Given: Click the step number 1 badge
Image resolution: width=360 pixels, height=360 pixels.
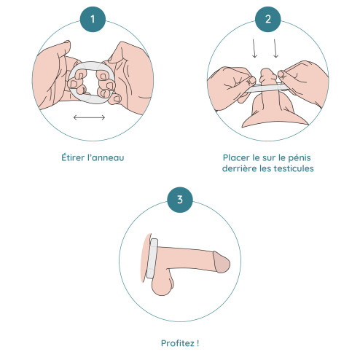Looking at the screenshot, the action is coord(93,19).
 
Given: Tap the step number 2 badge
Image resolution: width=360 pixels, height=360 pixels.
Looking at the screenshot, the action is coord(268,19).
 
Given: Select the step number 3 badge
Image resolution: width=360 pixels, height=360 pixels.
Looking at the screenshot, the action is coord(180,200).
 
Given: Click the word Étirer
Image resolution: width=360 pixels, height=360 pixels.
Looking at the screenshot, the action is coord(73,157).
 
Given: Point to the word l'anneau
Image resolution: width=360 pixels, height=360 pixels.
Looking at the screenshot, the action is coord(106,157).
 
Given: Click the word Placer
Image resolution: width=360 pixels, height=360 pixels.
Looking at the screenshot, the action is coord(236,157).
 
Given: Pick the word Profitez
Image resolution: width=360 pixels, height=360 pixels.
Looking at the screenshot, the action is coord(178,343).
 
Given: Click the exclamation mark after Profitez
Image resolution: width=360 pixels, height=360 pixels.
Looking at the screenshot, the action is coord(198,343).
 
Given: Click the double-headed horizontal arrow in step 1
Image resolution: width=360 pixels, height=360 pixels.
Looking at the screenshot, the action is coord(89,117).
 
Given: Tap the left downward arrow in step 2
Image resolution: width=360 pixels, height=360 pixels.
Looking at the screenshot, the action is coord(254,48).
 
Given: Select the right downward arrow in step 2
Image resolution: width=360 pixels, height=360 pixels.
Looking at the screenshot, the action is coord(275,48).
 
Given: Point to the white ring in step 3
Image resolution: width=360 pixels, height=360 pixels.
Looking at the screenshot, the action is coord(152,258).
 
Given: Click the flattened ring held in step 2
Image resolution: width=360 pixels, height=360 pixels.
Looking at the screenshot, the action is coord(267,87).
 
